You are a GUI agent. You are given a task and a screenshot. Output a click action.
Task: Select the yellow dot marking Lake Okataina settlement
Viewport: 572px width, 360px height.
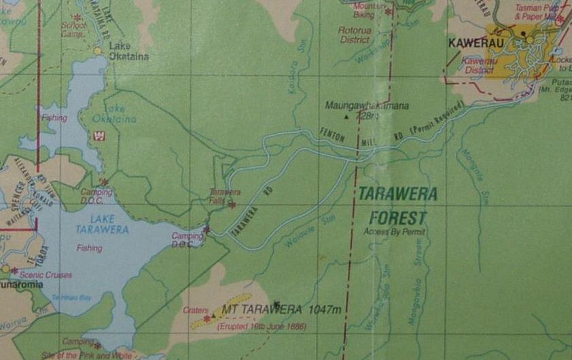98,50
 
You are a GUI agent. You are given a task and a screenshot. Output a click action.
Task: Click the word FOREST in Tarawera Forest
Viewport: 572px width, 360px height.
398,219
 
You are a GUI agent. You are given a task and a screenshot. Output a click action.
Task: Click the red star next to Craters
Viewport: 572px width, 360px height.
207,318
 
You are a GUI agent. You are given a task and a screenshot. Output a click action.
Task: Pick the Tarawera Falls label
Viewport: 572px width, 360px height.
225,195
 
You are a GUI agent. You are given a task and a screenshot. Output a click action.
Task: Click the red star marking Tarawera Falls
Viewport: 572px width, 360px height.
232,204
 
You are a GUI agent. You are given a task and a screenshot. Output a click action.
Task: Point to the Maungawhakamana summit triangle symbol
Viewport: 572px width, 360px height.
346,117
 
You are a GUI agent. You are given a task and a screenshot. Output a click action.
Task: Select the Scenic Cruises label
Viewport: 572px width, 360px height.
46,275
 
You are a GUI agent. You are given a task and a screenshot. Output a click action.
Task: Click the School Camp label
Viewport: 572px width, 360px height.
73,29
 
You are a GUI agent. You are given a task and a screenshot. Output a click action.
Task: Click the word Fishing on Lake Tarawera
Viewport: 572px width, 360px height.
89,249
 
